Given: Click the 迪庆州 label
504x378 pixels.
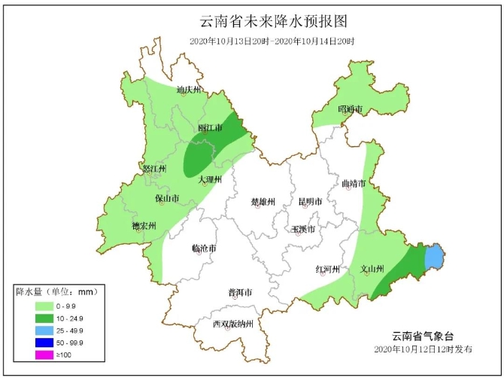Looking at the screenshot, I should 189,90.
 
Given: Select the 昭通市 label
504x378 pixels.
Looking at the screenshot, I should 350,110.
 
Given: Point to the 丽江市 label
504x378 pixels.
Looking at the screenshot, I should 210,129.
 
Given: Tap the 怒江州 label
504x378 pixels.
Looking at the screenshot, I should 153,169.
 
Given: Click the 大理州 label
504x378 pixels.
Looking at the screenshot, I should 210,180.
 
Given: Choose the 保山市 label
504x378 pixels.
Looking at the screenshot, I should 167,199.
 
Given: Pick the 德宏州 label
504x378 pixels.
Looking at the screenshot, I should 143,226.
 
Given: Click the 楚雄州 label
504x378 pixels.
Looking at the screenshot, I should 263,202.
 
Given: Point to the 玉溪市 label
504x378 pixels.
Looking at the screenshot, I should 303,229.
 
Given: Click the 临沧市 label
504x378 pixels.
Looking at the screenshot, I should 204,248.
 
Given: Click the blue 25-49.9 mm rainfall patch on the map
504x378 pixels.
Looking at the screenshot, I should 434,258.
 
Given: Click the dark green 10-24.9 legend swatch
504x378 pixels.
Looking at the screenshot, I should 45,319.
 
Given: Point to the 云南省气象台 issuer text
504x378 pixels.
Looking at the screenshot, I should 424,336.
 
